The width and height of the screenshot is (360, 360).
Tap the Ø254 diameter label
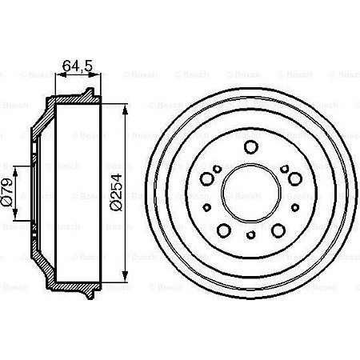[x=115, y=193]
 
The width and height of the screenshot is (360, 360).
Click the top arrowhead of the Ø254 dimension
[x=126, y=106]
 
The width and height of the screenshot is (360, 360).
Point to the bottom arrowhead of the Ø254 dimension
[x=126, y=279]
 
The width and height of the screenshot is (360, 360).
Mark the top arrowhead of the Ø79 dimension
[x=18, y=167]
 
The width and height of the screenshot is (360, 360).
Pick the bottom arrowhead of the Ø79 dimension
[x=18, y=220]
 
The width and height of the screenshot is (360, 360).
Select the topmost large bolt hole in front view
[x=250, y=146]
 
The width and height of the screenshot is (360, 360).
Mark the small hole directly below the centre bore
[x=250, y=234]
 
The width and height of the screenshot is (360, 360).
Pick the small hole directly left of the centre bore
[x=207, y=206]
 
